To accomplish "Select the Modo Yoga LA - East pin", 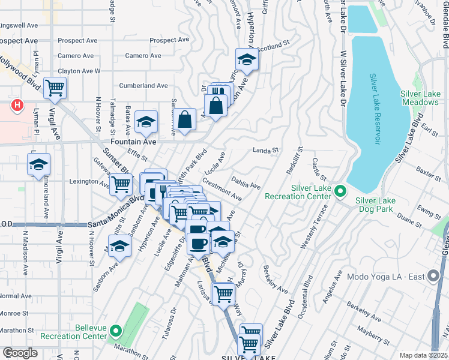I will point(433,277).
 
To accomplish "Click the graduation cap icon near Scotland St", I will point(246,59).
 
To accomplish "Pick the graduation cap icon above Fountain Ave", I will point(146,122).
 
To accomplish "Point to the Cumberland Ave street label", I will point(143,86).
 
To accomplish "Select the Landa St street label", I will point(267,150).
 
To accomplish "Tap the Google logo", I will point(20,353).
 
